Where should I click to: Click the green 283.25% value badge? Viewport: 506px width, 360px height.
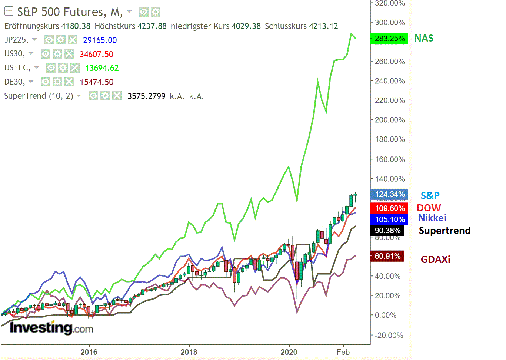(x=389, y=39)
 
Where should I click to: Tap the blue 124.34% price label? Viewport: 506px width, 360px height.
(x=389, y=194)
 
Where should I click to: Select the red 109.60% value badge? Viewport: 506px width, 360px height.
(x=389, y=208)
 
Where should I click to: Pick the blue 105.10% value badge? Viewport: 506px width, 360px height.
(x=389, y=219)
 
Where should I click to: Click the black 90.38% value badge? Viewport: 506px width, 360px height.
(x=387, y=231)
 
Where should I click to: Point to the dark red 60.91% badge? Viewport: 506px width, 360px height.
(x=387, y=256)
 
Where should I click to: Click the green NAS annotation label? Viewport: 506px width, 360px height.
(x=424, y=38)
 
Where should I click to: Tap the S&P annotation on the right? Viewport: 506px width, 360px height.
(x=430, y=195)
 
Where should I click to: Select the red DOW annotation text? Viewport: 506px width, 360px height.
(x=429, y=208)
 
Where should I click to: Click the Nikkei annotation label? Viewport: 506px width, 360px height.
(x=432, y=218)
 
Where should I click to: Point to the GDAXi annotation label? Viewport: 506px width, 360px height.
(x=435, y=260)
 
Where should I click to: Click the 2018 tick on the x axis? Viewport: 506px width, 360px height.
(x=189, y=352)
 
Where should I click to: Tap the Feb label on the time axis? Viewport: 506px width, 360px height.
(x=343, y=352)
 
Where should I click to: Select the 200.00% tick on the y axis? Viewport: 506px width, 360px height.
(x=390, y=120)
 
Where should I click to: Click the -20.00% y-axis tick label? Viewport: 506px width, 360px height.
(x=389, y=335)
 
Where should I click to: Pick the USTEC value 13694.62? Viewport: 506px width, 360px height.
(x=102, y=68)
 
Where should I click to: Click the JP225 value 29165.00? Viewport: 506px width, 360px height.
(x=100, y=40)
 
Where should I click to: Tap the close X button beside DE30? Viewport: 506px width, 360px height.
(x=69, y=82)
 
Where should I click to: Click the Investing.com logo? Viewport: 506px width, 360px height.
(x=51, y=328)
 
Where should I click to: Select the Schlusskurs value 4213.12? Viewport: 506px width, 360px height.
(x=323, y=26)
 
